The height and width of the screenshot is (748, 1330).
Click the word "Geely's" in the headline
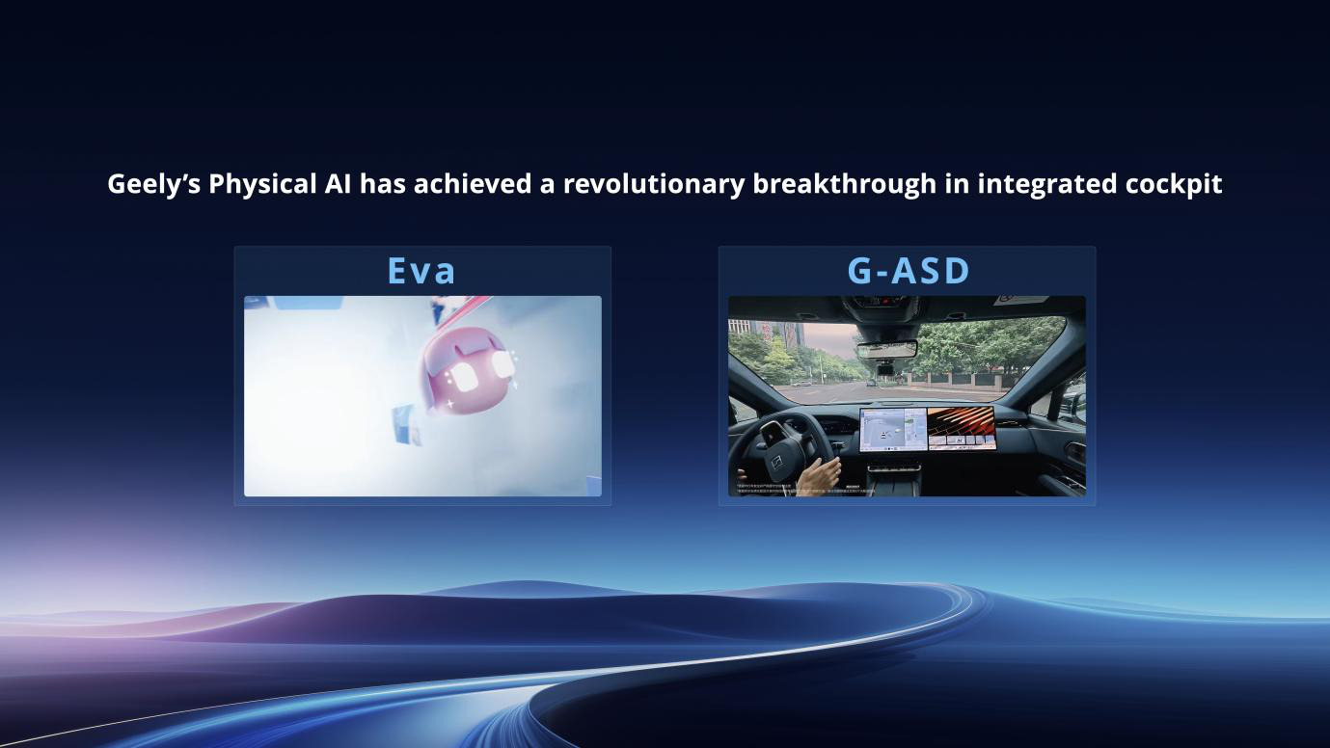click(x=153, y=184)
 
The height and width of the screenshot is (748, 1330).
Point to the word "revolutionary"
click(x=653, y=183)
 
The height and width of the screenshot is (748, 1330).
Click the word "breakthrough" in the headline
click(x=844, y=183)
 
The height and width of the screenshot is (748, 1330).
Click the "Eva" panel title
click(x=421, y=271)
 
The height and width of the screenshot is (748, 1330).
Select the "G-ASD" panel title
click(x=908, y=271)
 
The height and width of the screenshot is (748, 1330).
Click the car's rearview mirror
click(x=886, y=349)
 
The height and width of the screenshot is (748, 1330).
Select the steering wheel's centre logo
click(x=778, y=436)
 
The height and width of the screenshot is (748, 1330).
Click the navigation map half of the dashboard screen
click(x=892, y=428)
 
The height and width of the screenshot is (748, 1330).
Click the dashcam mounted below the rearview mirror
click(x=885, y=367)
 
